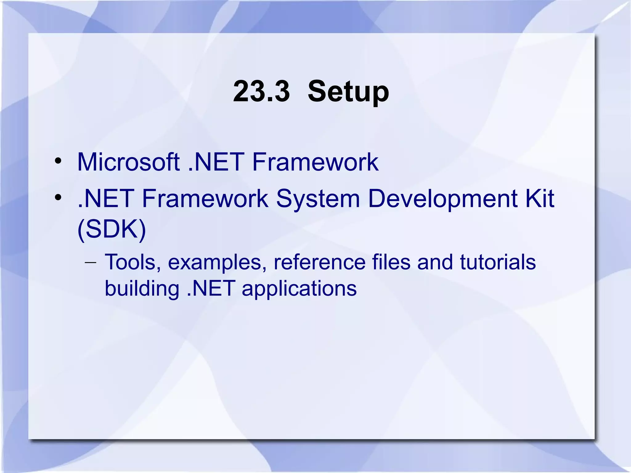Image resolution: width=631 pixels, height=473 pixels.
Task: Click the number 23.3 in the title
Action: pyautogui.click(x=261, y=91)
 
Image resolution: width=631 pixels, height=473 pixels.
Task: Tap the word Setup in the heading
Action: pyautogui.click(x=348, y=92)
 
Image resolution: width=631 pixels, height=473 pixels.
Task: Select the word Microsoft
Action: pyautogui.click(x=128, y=162)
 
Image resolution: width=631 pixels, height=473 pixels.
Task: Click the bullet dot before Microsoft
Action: pyautogui.click(x=58, y=161)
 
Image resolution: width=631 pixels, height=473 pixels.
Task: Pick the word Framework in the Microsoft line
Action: pyautogui.click(x=315, y=162)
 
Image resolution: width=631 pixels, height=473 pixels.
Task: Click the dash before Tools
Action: pyautogui.click(x=90, y=263)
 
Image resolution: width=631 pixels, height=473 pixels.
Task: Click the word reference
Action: pyautogui.click(x=319, y=262)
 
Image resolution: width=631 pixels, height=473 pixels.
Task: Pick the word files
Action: pyautogui.click(x=391, y=262)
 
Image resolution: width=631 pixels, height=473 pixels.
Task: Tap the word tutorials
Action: pyautogui.click(x=498, y=262)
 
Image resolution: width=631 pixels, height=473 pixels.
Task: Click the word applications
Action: pyautogui.click(x=299, y=289)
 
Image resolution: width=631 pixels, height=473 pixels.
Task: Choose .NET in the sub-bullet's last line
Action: pyautogui.click(x=211, y=289)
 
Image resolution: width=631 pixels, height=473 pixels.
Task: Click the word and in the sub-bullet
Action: pyautogui.click(x=435, y=262)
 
